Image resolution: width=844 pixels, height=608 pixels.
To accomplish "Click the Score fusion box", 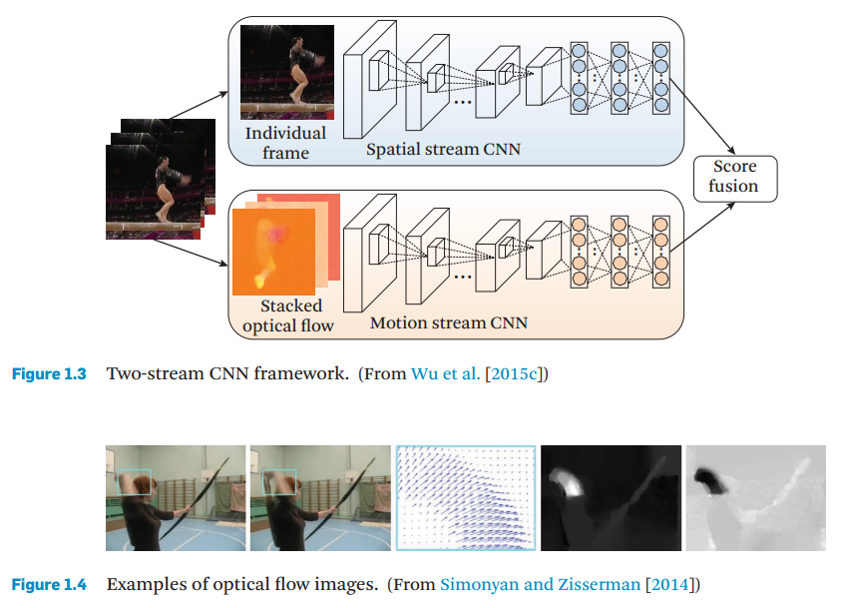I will (733, 177).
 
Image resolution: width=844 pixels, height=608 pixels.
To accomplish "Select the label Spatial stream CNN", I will (443, 151).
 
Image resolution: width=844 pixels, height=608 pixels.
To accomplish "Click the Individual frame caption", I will (285, 143).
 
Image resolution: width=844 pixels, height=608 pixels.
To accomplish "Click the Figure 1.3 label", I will (48, 374).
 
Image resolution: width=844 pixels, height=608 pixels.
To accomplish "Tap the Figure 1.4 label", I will (48, 584).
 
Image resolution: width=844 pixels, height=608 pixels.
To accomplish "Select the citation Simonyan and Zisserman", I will (539, 584).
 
